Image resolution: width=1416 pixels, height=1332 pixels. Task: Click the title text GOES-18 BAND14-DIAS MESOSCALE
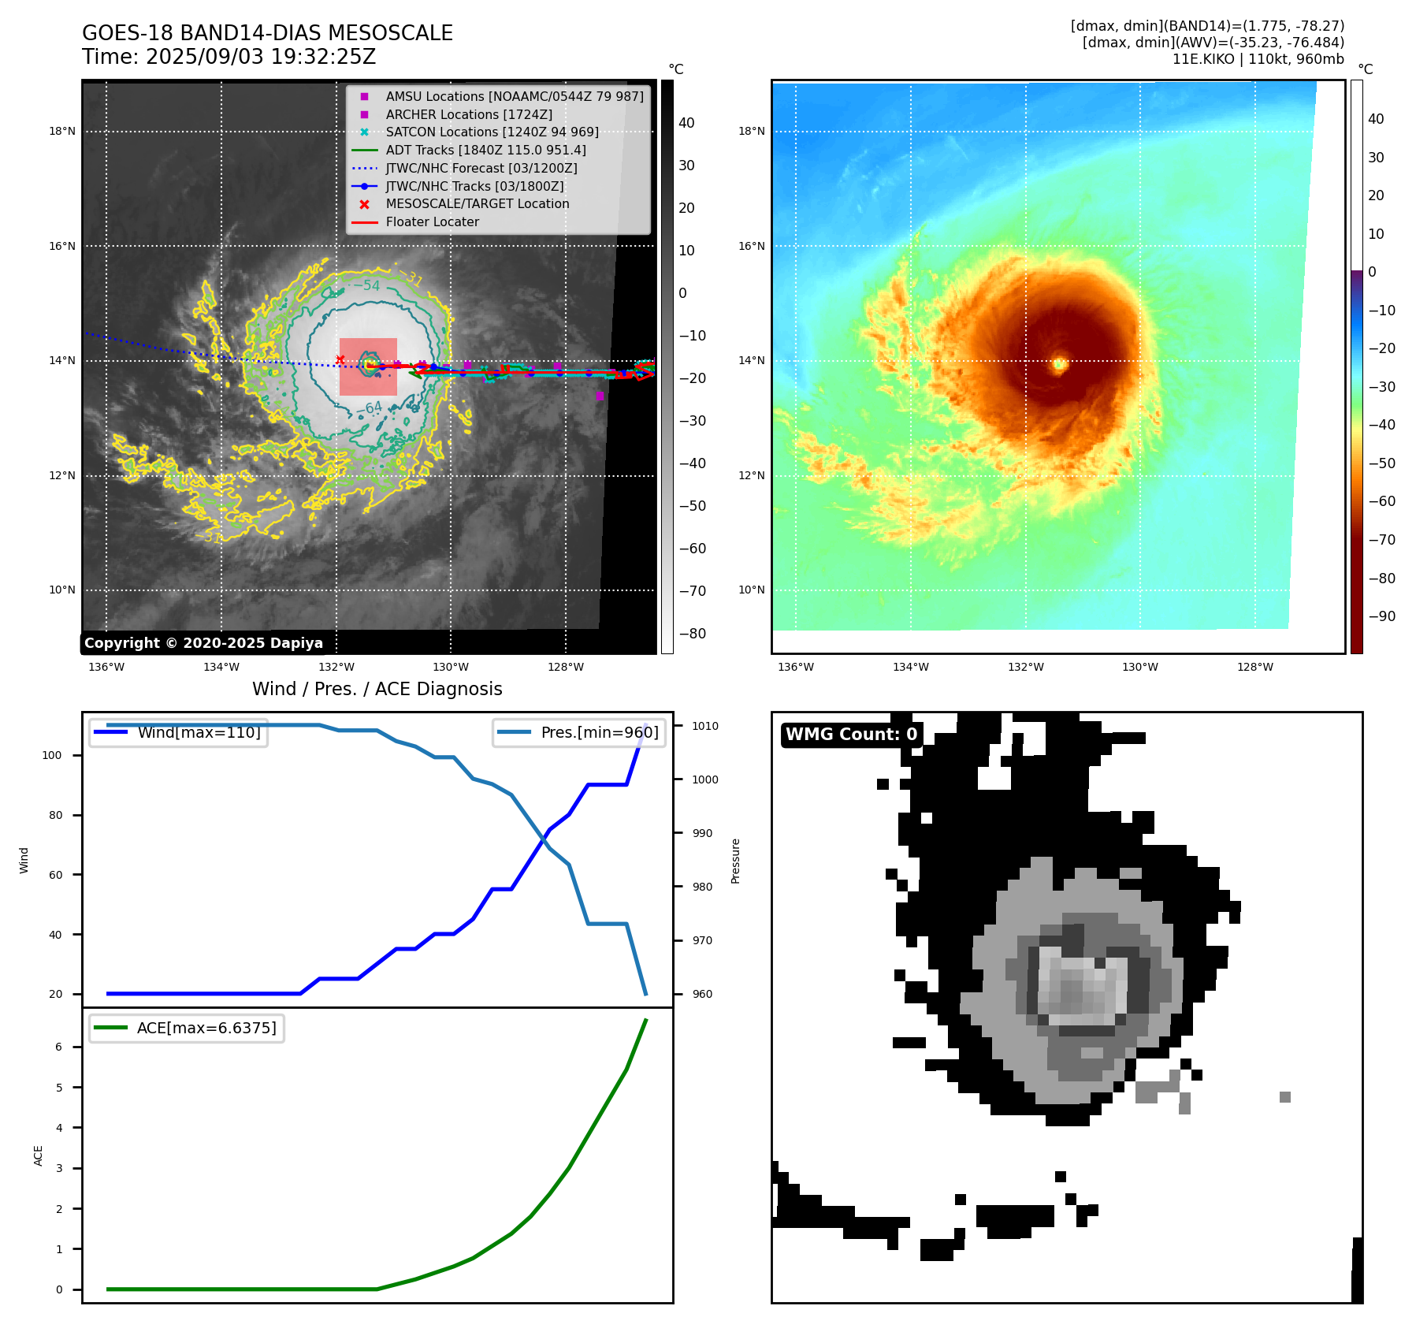point(267,33)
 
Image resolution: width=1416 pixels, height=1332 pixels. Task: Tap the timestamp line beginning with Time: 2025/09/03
point(229,57)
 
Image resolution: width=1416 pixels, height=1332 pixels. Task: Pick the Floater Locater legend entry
point(432,221)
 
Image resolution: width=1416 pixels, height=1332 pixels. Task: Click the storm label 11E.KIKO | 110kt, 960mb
point(1258,59)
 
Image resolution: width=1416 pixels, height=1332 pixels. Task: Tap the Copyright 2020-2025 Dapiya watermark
point(203,643)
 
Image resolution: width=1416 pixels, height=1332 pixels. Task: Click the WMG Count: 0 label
point(851,735)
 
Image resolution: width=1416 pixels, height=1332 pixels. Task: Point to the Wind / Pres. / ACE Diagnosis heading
point(377,689)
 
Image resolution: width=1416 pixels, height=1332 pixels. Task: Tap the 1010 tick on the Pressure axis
point(705,726)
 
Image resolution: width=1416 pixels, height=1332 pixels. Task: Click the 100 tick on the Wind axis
point(51,755)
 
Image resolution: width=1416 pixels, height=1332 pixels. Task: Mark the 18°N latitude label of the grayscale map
point(62,131)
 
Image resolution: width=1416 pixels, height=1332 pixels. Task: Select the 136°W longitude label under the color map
point(795,667)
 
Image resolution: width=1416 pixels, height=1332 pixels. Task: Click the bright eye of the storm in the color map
point(1060,363)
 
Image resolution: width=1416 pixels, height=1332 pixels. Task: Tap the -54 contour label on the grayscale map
point(366,285)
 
